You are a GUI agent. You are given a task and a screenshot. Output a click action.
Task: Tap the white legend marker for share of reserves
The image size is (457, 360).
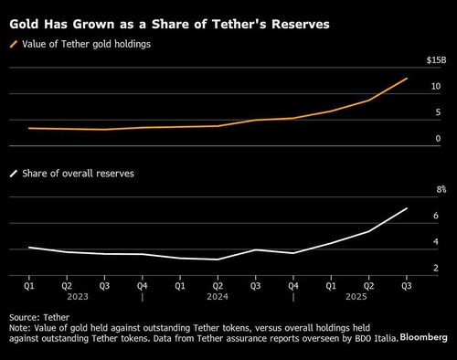15,172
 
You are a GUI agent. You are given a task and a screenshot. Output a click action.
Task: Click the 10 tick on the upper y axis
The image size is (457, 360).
437,86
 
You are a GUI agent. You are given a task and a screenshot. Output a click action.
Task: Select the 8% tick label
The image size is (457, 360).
438,189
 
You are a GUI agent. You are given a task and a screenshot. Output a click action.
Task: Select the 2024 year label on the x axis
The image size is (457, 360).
218,296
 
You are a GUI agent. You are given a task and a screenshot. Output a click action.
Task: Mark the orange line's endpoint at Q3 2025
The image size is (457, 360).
406,79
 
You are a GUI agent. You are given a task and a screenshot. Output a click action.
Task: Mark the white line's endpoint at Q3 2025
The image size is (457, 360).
406,208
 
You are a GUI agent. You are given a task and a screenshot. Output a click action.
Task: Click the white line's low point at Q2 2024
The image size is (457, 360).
218,259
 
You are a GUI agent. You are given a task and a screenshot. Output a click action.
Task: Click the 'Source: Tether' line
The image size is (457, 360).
35,319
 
